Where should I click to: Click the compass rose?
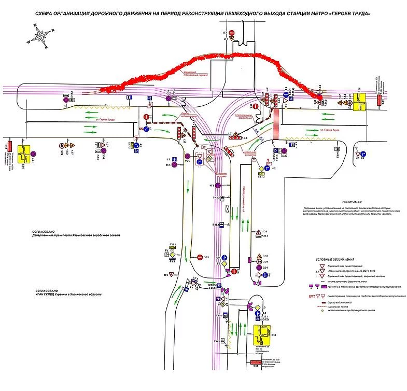(x=40, y=36)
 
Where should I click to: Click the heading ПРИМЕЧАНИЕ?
(x=352, y=202)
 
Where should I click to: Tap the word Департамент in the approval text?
(x=38, y=235)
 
